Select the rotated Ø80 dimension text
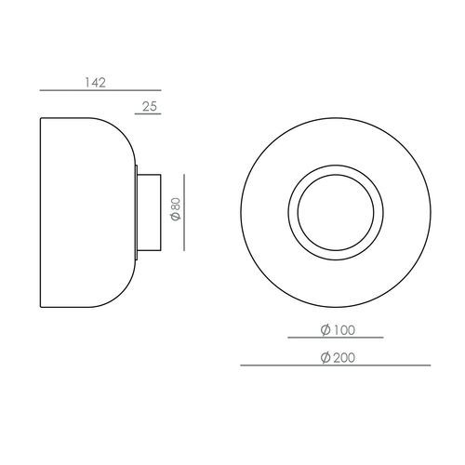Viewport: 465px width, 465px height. point(175,211)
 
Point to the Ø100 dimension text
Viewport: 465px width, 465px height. point(338,330)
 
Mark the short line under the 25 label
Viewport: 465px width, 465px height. point(150,115)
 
